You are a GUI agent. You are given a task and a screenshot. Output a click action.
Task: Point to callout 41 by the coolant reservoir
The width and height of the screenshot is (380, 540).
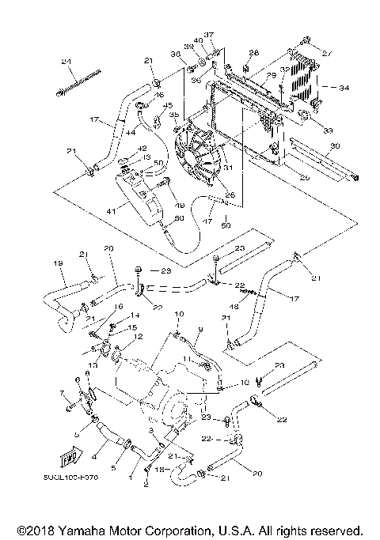click(x=112, y=210)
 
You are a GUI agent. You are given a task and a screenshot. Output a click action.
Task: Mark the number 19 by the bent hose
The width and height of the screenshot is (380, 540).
click(x=58, y=262)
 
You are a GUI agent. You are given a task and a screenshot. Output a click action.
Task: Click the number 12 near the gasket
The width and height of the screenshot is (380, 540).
click(x=139, y=338)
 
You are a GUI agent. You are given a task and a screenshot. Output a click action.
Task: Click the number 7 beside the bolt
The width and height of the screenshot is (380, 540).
click(x=60, y=393)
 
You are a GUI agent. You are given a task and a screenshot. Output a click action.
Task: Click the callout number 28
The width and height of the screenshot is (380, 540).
click(x=253, y=53)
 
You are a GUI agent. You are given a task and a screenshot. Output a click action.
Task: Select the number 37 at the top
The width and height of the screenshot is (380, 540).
click(x=210, y=34)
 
